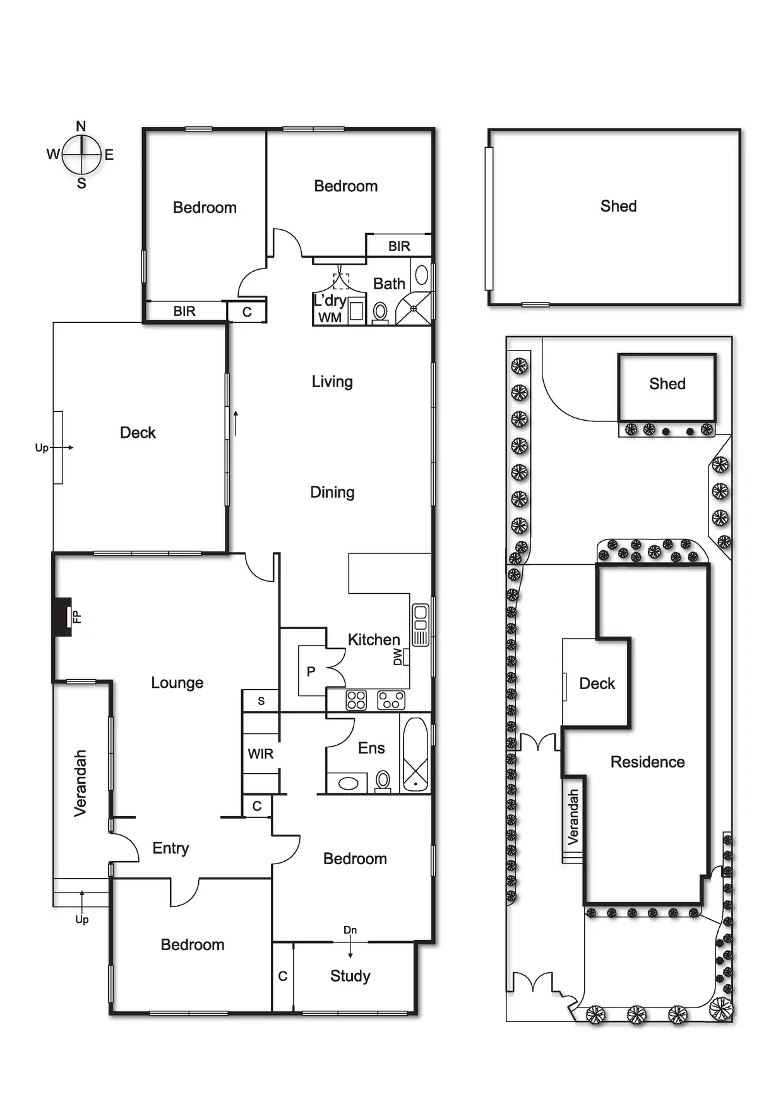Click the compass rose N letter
coord(81,126)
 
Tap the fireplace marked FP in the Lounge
coord(63,617)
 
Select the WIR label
coord(260,754)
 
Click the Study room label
coord(350,976)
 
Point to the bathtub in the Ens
coord(415,754)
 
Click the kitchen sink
coord(420,625)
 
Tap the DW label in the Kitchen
coord(398,657)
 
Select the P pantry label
coord(311,671)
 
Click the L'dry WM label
coord(330,308)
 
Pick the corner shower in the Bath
coord(414,308)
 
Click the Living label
coord(332,382)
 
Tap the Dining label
coord(332,492)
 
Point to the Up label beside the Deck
coord(42,448)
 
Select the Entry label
coord(170,848)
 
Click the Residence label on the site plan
coord(647,762)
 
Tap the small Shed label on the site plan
coord(667,383)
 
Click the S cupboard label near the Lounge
coord(261,701)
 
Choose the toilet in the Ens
coord(383,780)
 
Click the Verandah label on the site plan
coord(573,817)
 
